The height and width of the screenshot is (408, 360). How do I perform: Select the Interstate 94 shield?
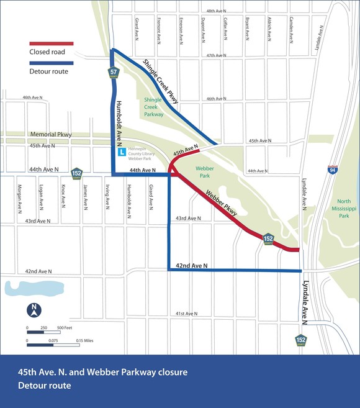(x=333, y=170)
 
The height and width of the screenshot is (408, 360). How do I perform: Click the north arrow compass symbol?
(x=35, y=309)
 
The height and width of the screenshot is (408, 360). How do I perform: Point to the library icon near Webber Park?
(x=122, y=152)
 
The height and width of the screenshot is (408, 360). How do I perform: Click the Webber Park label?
(x=204, y=171)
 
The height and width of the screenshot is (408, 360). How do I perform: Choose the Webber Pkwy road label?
(x=221, y=204)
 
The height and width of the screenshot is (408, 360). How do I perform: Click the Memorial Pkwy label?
(x=51, y=135)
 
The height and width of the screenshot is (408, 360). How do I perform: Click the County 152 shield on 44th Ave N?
(x=76, y=173)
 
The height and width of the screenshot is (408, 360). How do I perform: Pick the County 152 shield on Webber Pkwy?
(x=268, y=238)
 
